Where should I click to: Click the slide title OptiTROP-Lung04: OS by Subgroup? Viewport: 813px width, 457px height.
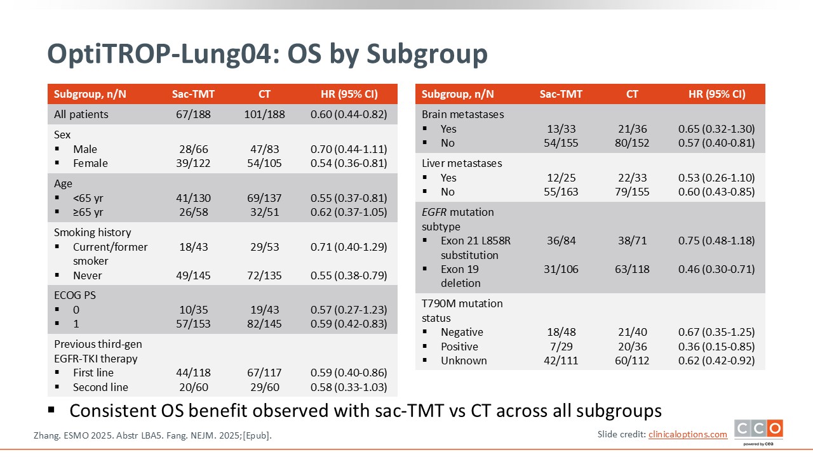coord(267,55)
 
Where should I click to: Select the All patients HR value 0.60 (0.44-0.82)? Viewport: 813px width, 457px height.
coord(349,114)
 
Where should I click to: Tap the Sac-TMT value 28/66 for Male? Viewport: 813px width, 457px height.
coord(193,149)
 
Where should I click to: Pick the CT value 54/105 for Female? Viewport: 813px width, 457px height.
coord(264,163)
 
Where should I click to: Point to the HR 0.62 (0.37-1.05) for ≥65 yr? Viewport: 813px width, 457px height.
coord(349,212)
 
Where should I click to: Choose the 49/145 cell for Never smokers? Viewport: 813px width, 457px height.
coord(193,275)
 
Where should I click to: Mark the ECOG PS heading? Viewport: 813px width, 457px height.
coord(75,295)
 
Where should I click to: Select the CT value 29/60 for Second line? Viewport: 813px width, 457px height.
coord(264,387)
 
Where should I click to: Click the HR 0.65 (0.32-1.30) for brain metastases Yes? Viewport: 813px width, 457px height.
coord(716,129)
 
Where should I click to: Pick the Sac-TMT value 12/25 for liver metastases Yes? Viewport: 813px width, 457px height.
coord(561,178)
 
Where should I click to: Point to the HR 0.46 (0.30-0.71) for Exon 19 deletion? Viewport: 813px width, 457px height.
coord(716,269)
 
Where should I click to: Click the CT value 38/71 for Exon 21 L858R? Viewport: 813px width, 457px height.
coord(632,241)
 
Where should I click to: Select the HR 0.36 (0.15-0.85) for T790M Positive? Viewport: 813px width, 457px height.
coord(716,347)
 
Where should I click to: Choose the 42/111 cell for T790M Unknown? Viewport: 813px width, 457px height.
coord(561,361)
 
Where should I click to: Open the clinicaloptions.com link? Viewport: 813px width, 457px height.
coord(687,434)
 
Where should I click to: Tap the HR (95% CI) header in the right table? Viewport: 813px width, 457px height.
coord(716,94)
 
